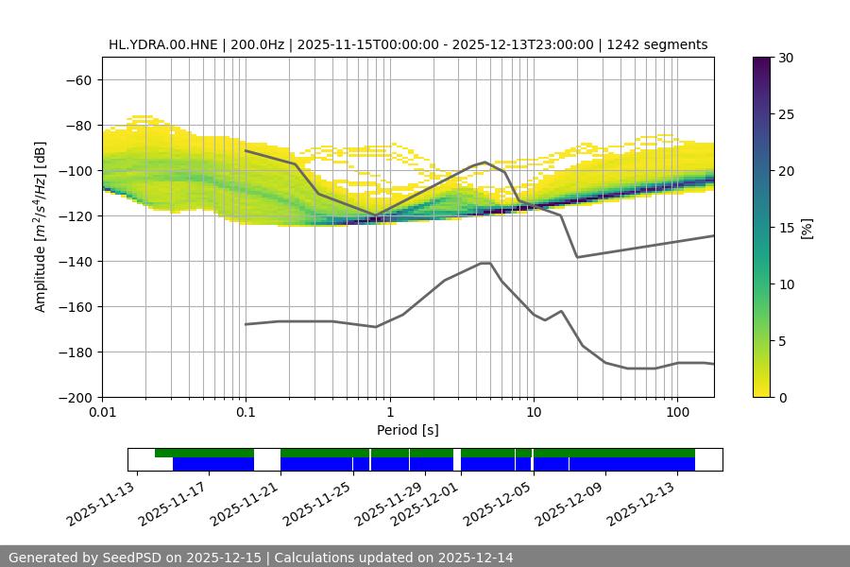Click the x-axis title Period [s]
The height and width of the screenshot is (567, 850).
(408, 430)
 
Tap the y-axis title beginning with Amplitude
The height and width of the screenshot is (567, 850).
(41, 227)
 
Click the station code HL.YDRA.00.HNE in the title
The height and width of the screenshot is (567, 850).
(163, 44)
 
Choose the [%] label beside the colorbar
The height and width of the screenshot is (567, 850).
(807, 227)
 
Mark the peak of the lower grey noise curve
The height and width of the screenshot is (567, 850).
(485, 263)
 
